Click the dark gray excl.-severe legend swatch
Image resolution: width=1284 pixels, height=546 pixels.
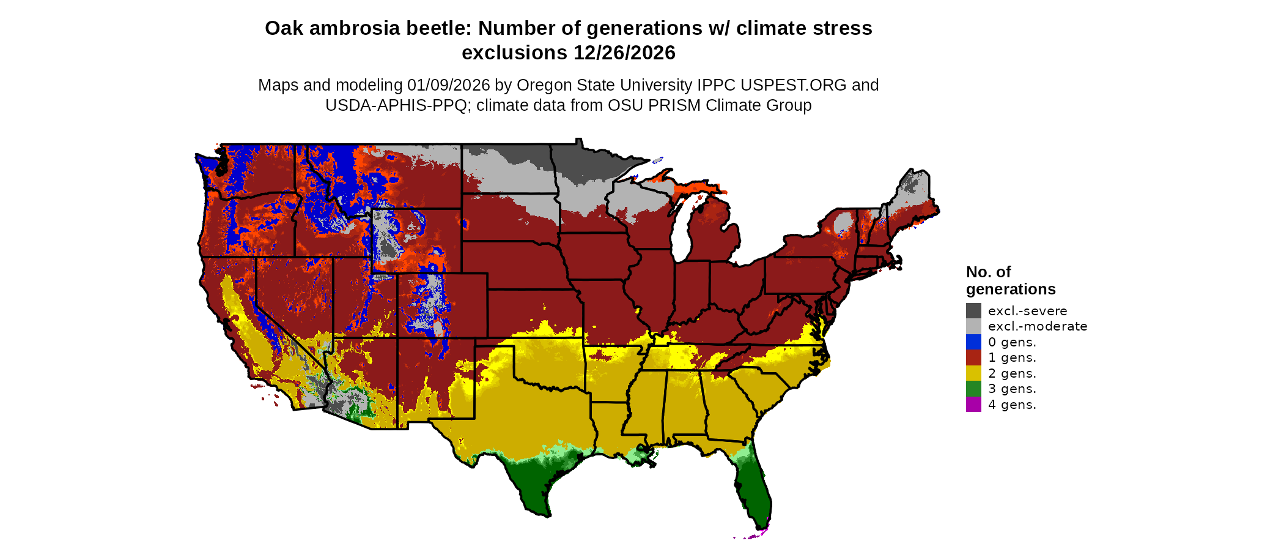tap(973, 310)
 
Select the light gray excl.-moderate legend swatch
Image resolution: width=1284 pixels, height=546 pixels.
tap(973, 326)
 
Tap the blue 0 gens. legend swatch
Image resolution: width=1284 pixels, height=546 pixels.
tap(973, 342)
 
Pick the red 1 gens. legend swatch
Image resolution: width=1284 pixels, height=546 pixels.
tap(973, 357)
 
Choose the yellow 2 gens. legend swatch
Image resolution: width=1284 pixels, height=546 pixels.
tap(973, 373)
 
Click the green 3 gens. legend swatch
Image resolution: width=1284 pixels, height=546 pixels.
tap(973, 389)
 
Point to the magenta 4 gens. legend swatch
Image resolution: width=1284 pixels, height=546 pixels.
tap(973, 404)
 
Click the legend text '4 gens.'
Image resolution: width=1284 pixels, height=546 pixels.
tap(1012, 405)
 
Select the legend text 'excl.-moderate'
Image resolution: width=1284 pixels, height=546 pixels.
tap(1038, 326)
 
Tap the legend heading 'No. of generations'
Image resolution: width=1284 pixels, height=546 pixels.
tap(1010, 280)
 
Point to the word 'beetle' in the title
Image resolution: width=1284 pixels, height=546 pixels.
tap(443, 28)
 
